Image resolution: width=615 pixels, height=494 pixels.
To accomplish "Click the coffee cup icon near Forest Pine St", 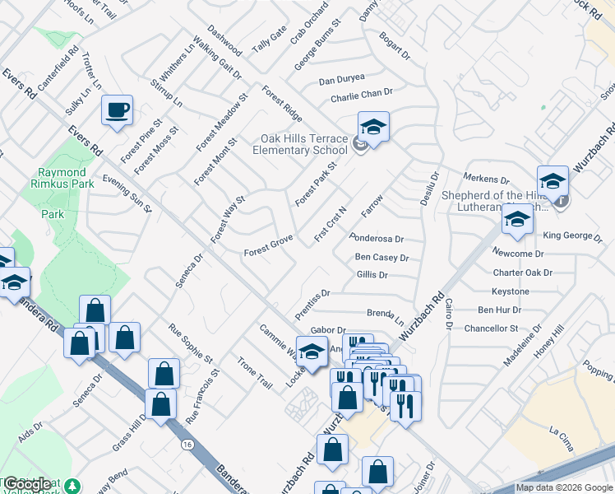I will tap(117, 110).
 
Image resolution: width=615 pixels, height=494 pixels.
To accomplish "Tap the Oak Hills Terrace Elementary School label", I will tap(299, 144).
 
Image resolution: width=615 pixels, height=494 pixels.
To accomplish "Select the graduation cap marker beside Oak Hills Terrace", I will tap(373, 128).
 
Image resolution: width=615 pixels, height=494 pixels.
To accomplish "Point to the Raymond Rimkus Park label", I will tap(62, 178).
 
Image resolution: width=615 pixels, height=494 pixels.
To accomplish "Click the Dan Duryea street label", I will tap(340, 81).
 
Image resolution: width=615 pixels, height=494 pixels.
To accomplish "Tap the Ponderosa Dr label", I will tap(377, 239).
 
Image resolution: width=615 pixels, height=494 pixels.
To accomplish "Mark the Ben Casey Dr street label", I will tap(381, 258).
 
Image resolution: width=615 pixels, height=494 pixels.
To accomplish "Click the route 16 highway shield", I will tap(187, 445).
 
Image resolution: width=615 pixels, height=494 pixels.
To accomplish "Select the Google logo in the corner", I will tap(28, 484).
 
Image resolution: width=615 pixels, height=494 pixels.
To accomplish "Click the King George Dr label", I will tap(578, 236).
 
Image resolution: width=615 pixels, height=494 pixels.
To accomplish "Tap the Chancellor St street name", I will tap(491, 328).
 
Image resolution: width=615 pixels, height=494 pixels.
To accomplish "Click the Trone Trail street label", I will tap(254, 372).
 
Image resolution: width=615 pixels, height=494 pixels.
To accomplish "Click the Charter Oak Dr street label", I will tap(522, 273).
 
